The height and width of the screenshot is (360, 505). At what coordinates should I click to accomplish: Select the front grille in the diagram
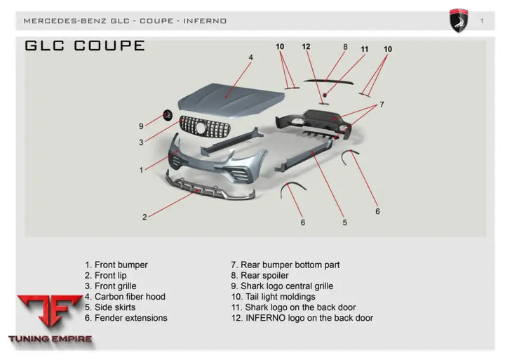(210, 128)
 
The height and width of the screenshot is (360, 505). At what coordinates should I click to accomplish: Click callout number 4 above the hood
(250, 57)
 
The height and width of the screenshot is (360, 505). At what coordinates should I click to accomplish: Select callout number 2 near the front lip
(144, 217)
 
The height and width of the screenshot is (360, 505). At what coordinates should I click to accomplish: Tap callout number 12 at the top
(306, 47)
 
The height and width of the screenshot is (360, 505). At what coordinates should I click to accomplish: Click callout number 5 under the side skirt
(344, 222)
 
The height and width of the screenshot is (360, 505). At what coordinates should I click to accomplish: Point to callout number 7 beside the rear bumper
(382, 104)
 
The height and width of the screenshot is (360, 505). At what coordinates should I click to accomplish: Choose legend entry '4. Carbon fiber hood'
(125, 297)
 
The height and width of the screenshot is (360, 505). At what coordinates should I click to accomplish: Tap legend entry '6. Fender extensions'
(126, 318)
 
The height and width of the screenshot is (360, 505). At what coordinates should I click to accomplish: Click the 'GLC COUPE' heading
(84, 46)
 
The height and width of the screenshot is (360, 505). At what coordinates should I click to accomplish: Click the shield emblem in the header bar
(459, 20)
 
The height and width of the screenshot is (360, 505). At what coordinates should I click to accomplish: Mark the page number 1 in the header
(482, 20)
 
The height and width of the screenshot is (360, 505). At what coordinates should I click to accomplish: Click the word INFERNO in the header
(205, 21)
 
